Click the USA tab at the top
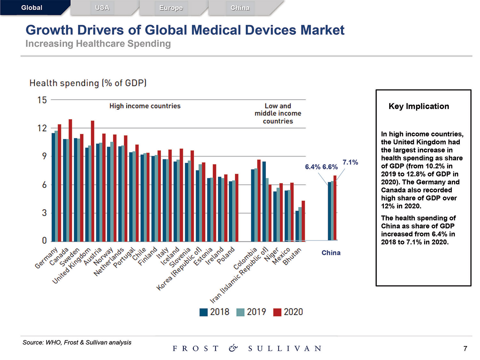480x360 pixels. pyautogui.click(x=102, y=8)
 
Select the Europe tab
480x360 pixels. pyautogui.click(x=171, y=8)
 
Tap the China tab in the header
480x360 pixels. pyautogui.click(x=240, y=8)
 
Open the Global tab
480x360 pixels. pyautogui.click(x=32, y=8)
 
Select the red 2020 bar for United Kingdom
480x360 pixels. pyautogui.click(x=92, y=181)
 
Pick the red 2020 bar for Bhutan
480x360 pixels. pyautogui.click(x=303, y=221)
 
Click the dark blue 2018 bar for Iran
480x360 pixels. pyautogui.click(x=264, y=201)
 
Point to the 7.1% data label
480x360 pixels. pyautogui.click(x=350, y=162)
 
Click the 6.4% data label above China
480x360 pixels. pyautogui.click(x=313, y=167)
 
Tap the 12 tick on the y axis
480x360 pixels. pyautogui.click(x=42, y=128)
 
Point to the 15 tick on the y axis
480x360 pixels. pyautogui.click(x=42, y=100)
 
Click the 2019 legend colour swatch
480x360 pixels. pyautogui.click(x=240, y=312)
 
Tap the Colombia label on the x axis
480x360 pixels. pyautogui.click(x=245, y=259)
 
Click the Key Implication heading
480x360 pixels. pyautogui.click(x=419, y=106)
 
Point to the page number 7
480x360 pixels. pyautogui.click(x=465, y=348)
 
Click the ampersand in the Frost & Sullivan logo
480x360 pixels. pyautogui.click(x=233, y=348)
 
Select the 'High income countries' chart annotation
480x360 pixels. pyautogui.click(x=145, y=106)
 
